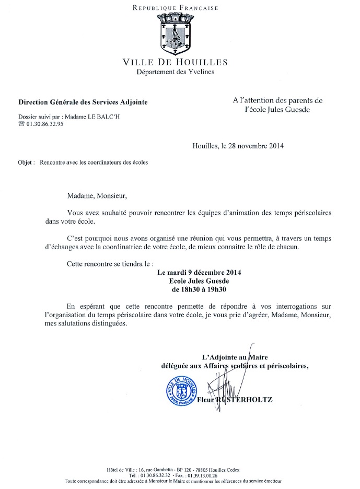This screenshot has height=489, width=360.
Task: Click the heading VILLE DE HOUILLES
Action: point(175,63)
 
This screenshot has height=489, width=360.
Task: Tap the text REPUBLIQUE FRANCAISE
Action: point(175,8)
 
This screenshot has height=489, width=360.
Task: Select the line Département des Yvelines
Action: point(175,72)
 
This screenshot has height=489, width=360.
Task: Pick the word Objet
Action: point(26,162)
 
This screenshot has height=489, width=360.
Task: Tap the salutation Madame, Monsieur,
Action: point(97,196)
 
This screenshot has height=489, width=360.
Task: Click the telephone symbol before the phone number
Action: point(21,124)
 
